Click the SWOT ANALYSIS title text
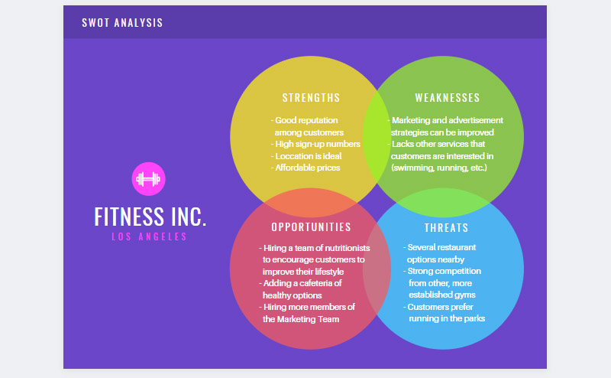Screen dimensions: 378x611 (122, 23)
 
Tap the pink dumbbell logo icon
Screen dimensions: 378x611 (149, 180)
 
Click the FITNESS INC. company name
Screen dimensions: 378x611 (150, 217)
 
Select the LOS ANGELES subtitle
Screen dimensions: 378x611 (150, 237)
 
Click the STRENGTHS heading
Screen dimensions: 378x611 (311, 98)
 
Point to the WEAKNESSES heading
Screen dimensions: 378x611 (448, 98)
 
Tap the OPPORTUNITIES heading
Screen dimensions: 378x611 (311, 227)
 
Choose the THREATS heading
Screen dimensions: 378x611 (447, 228)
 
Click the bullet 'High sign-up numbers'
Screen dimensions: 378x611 (316, 144)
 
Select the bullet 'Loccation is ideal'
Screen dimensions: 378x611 (309, 156)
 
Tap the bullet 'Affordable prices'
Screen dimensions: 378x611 (306, 168)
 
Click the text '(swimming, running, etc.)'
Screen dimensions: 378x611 (438, 168)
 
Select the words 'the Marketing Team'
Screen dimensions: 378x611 (302, 319)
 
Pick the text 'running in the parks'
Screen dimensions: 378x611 (447, 318)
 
